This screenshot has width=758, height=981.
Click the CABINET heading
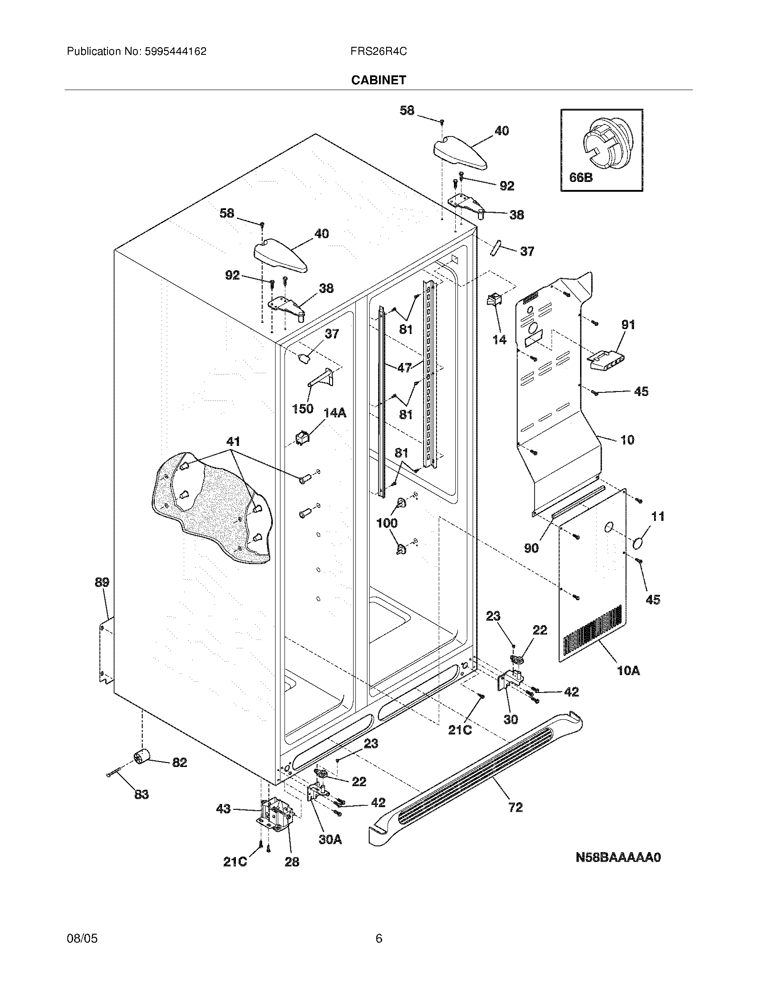tap(379, 80)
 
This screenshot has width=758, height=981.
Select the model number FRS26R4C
tap(379, 52)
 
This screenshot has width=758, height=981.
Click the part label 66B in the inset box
tap(581, 178)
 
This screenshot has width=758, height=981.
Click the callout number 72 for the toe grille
tap(515, 808)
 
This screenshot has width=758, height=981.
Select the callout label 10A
tap(628, 684)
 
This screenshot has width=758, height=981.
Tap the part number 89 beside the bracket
tap(102, 583)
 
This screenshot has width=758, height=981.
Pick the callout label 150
tap(303, 409)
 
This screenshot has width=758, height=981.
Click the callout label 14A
tap(335, 413)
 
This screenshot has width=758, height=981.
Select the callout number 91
tap(628, 325)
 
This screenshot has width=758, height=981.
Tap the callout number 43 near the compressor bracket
tap(223, 809)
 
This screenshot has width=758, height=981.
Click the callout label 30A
tap(330, 839)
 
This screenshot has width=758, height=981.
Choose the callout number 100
tap(387, 523)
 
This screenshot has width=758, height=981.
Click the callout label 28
tap(292, 862)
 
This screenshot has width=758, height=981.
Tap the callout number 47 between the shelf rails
tap(404, 368)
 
